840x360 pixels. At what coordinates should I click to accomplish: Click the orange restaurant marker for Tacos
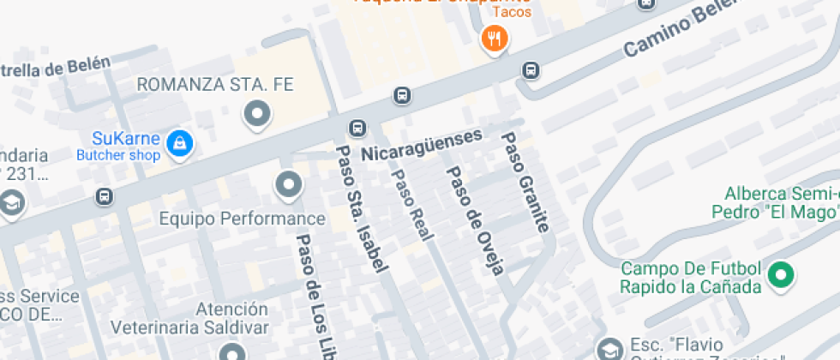(x=495, y=39)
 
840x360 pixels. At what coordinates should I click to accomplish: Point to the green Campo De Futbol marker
(x=780, y=275)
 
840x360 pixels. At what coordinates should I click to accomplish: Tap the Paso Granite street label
(x=525, y=183)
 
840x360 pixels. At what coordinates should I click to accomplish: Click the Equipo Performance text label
(x=243, y=219)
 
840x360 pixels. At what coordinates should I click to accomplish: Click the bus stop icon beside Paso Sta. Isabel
(x=357, y=129)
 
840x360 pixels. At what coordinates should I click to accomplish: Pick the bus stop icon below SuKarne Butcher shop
(x=105, y=196)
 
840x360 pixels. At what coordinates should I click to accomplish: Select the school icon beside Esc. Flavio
(x=609, y=349)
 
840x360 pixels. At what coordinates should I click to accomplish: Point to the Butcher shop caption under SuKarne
(x=118, y=155)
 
